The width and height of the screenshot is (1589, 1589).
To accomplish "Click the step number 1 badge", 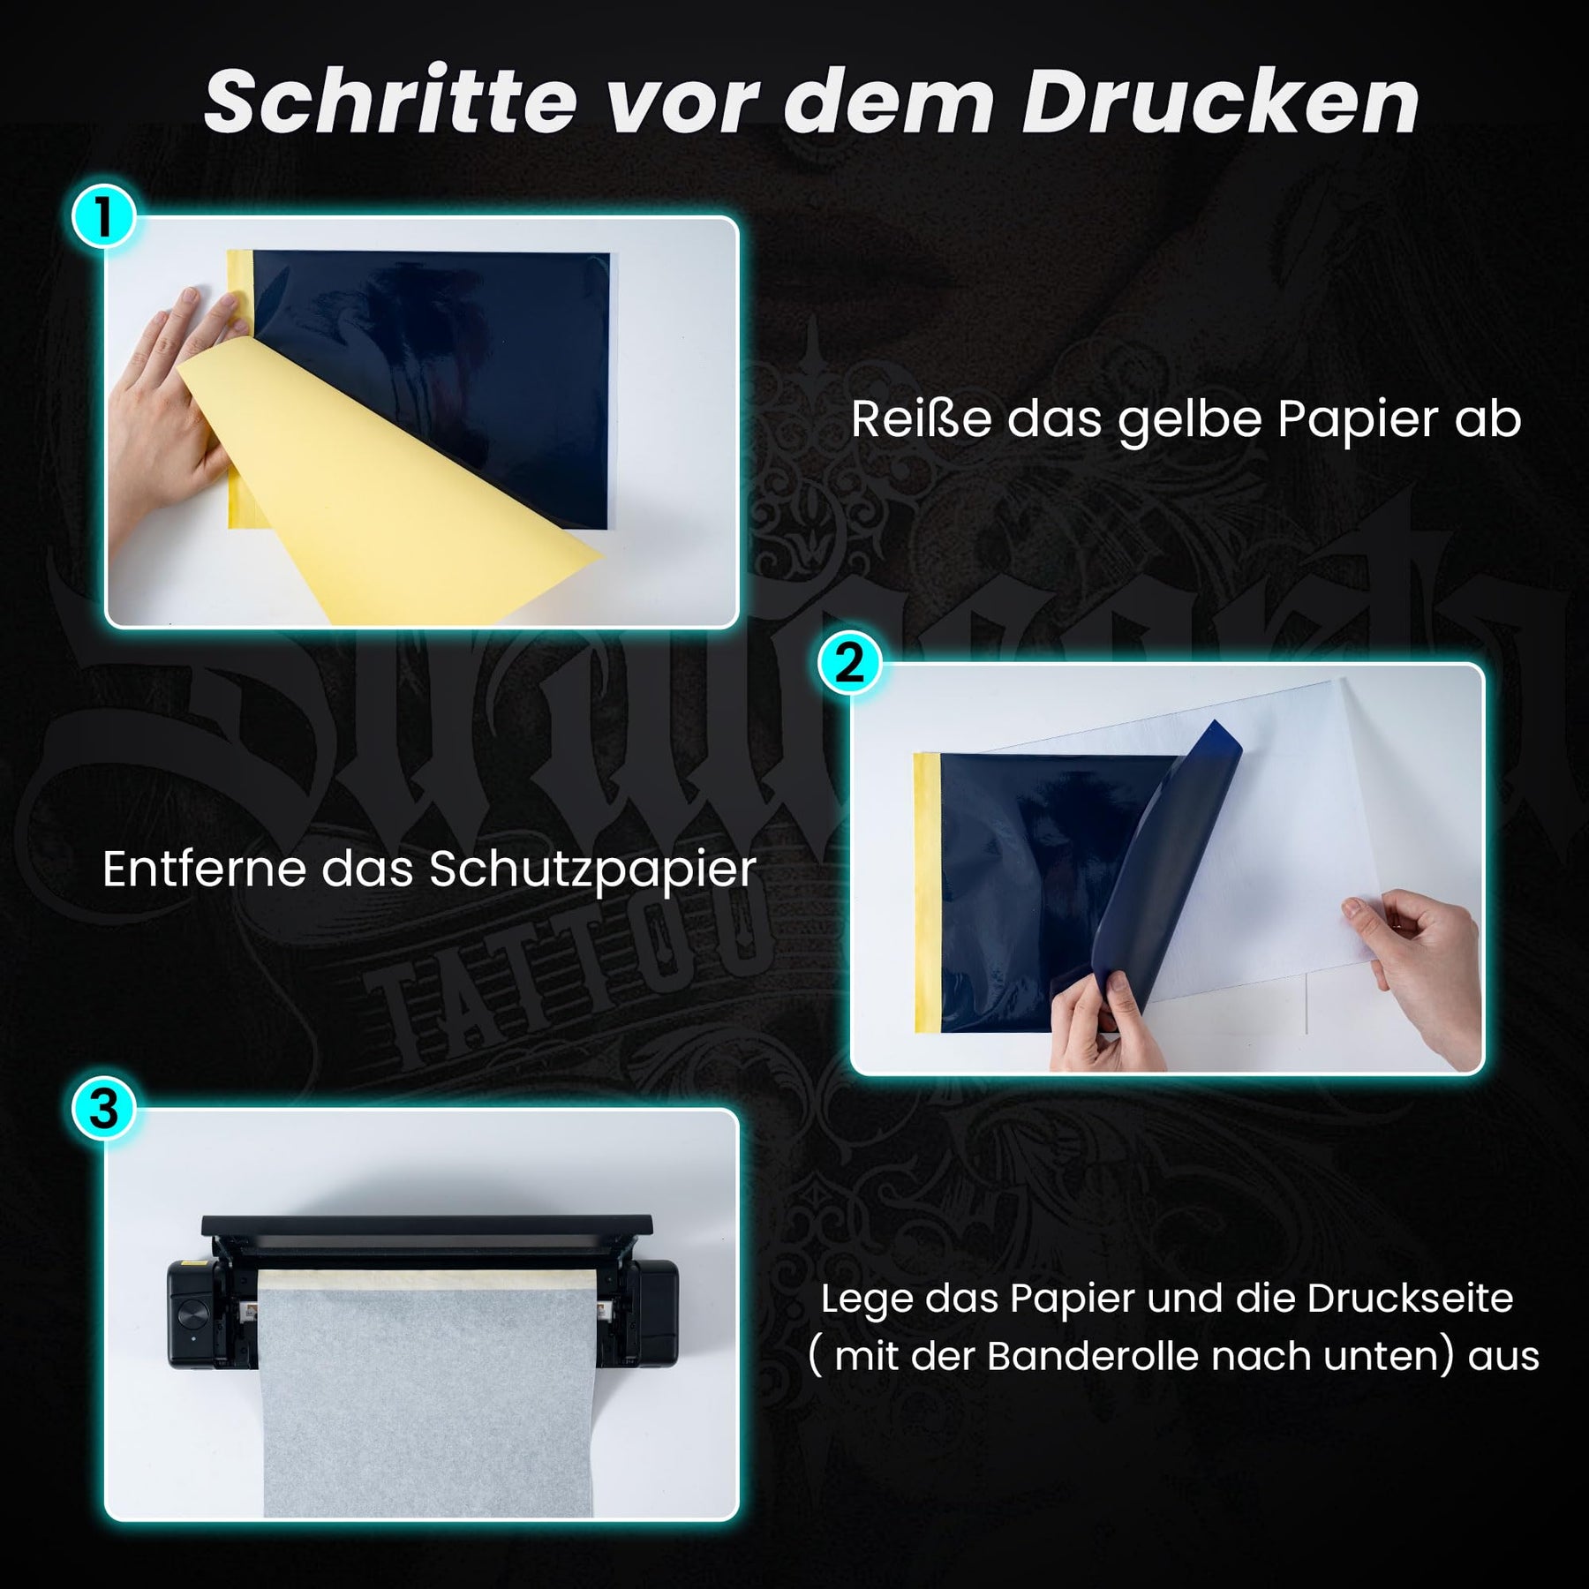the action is tap(104, 216).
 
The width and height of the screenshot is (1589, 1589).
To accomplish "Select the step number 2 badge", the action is tap(849, 663).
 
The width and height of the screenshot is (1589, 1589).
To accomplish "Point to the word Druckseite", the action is tap(1410, 1299).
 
